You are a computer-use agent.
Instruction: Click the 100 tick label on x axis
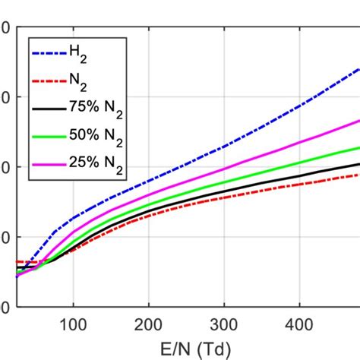coord(73,325)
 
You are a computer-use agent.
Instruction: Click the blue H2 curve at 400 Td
coord(299,108)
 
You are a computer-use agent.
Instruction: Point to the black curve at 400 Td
coord(299,175)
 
